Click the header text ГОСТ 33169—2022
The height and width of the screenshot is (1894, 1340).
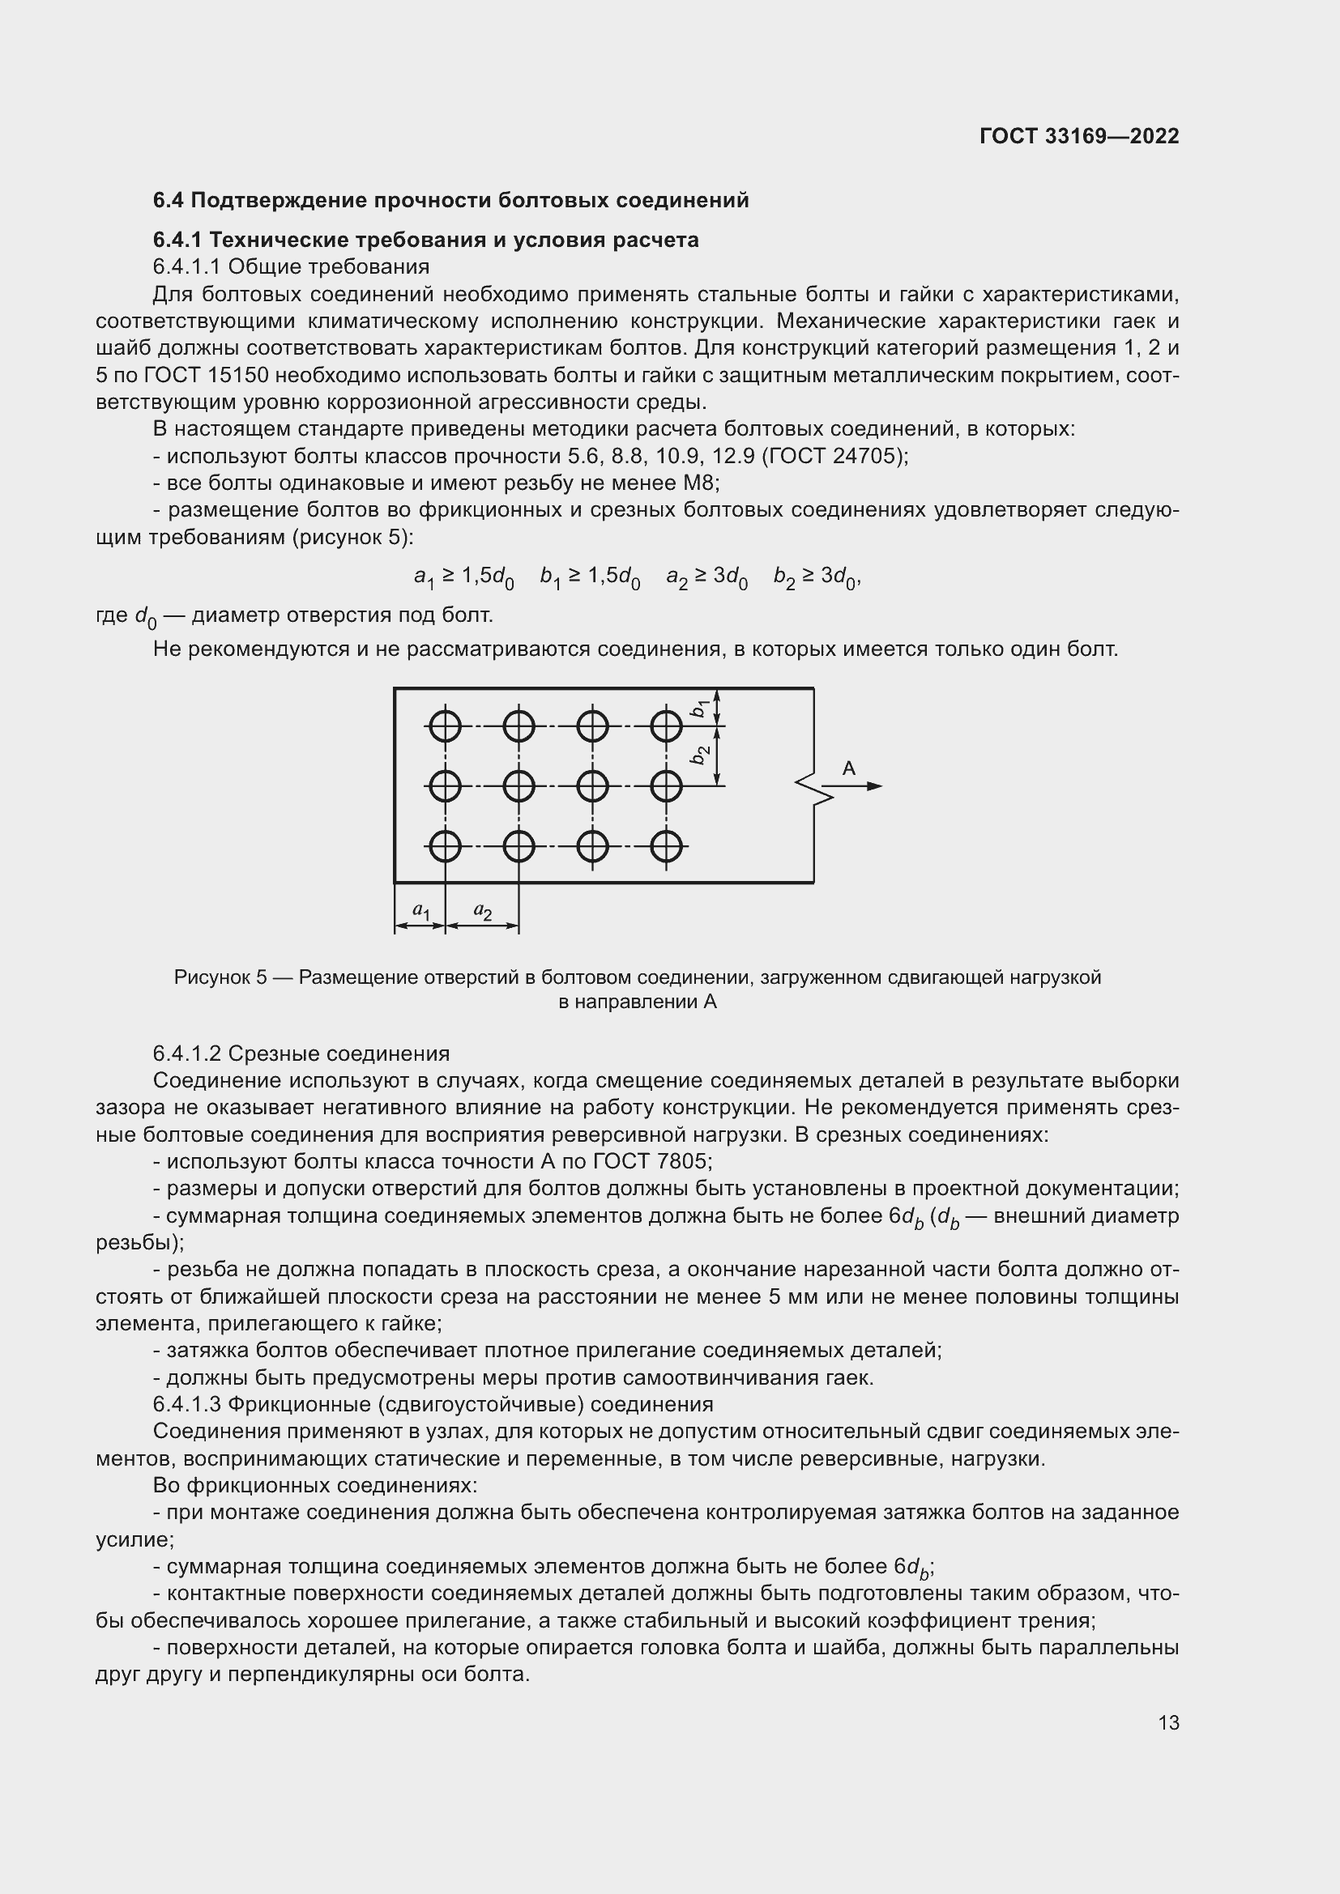(x=1078, y=136)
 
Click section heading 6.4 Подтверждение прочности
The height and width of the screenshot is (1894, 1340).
(x=450, y=201)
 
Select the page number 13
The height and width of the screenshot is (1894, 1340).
(x=1168, y=1722)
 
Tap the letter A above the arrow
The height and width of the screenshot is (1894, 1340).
(x=848, y=768)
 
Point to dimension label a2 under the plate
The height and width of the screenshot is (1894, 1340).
(x=483, y=911)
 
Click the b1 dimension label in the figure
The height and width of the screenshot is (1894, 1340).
(x=700, y=708)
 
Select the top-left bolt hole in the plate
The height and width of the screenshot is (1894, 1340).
(x=445, y=726)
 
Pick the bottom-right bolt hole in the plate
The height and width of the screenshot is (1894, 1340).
(x=666, y=845)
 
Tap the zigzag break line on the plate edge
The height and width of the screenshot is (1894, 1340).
(x=809, y=787)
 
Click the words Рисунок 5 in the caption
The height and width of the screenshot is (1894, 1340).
(x=220, y=977)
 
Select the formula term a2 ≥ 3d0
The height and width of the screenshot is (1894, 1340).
(x=706, y=577)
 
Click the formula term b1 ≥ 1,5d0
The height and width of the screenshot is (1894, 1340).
(x=589, y=577)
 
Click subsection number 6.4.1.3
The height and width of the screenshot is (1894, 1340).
(x=187, y=1405)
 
